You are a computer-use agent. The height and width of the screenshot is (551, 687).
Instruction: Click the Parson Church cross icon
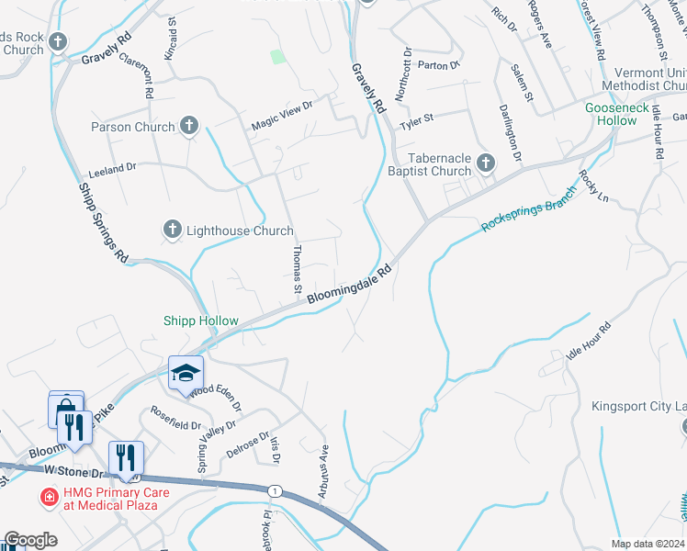pos(189,126)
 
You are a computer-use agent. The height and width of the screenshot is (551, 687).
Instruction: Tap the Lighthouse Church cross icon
pos(172,231)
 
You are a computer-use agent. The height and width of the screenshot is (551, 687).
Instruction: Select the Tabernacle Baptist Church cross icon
pos(486,164)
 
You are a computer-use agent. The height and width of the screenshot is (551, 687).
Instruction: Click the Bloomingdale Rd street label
pos(350,286)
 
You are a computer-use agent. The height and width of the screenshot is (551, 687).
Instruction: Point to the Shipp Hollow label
pos(201,321)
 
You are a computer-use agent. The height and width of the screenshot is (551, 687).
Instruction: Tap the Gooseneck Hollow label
pos(624,114)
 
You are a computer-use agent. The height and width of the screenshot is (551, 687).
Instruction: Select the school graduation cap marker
pos(186,373)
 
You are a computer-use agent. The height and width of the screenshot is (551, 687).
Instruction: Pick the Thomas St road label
pos(297,269)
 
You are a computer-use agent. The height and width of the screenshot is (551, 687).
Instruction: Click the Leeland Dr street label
pos(112,169)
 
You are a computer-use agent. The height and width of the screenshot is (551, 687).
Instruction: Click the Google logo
pos(30,540)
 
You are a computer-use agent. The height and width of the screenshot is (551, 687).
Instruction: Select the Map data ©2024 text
pos(648,544)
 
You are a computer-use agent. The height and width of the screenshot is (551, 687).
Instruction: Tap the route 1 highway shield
pos(274,491)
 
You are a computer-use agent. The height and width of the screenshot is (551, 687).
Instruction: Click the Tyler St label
pos(415,118)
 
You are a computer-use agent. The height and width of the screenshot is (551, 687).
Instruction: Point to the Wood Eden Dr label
pos(217,396)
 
